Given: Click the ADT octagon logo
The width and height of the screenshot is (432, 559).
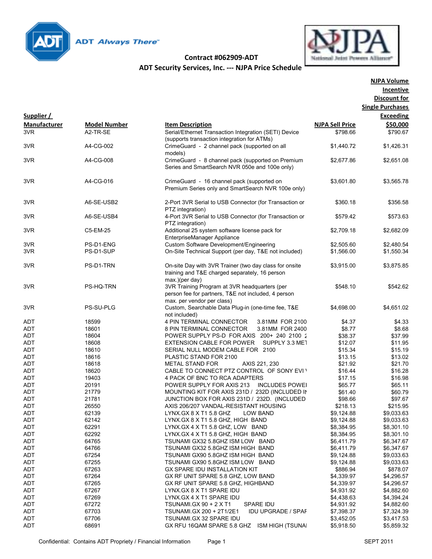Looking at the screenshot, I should coord(48,42).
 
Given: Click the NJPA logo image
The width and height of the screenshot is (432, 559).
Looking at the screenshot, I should coord(352,45).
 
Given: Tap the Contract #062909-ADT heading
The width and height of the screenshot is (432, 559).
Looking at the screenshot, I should coord(221,58).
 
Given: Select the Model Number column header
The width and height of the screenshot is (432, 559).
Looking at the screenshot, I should coord(106,125).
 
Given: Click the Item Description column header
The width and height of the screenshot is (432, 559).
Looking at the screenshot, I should coord(188,125).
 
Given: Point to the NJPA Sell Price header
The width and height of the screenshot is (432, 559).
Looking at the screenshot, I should coord(335,125).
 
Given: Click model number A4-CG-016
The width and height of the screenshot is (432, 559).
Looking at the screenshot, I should coord(99,181).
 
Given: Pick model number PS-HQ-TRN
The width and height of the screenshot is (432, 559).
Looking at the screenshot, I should coord(100,287).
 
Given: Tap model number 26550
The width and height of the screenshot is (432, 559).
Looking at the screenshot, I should coord(92,406).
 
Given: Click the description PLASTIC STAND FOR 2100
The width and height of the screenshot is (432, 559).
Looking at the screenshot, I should coord(201,357).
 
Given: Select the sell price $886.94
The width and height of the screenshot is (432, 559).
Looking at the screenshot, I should coord(345,469).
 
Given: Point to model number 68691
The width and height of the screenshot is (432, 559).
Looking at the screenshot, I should coord(92,526).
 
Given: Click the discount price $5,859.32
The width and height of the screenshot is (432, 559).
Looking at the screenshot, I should coord(395,526).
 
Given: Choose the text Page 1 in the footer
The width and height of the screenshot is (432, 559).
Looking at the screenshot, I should coord(216,542).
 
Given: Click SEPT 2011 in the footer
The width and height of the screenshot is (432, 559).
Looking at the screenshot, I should coord(378,542).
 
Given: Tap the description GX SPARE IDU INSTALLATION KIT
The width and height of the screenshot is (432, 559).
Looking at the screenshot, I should coord(211,469).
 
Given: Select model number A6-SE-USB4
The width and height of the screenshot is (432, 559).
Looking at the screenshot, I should coord(101,217).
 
